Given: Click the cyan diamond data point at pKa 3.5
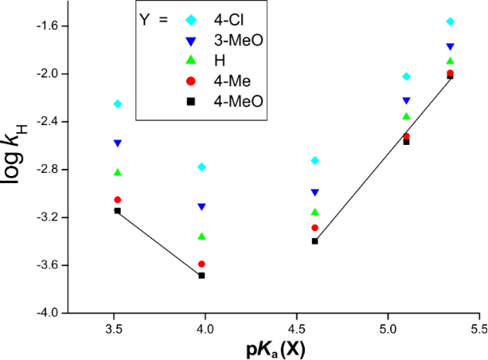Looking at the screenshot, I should pos(118,104).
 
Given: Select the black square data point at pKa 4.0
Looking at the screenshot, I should pos(202,276).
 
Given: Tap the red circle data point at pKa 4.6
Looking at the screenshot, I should pos(315,228).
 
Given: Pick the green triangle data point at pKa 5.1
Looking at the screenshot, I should pos(407,116).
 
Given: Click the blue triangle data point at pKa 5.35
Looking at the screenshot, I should pos(451,46).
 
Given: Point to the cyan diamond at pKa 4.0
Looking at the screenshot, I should pos(202,166).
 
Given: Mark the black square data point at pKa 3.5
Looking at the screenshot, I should pos(118,211).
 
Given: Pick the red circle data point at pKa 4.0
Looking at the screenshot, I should pos(202,264).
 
